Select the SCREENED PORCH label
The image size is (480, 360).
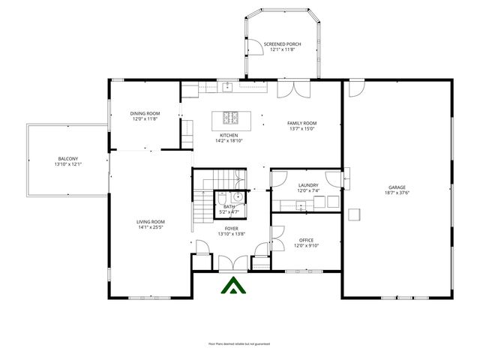coord(282,44)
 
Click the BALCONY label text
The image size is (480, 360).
coord(67,158)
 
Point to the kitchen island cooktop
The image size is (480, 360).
coord(230,118)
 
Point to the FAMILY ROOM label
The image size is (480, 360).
coord(302,123)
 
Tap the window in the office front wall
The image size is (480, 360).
coord(301,271)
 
